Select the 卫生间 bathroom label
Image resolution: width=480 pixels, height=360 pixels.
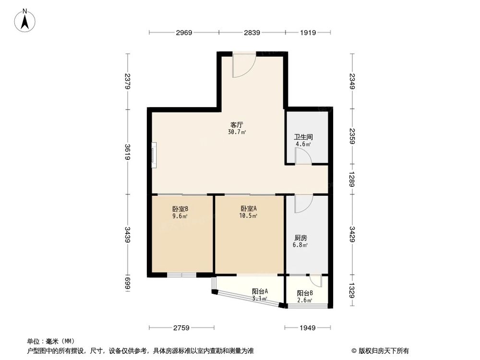[303, 136]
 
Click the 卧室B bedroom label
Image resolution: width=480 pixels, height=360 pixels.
[180, 209]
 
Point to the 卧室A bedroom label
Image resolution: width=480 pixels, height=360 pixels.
[249, 208]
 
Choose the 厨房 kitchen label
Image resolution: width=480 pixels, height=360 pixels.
[300, 238]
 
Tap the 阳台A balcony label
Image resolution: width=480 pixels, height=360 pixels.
[260, 291]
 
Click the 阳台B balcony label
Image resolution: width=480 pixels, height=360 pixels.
[304, 293]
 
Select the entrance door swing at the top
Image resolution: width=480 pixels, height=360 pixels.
[242, 66]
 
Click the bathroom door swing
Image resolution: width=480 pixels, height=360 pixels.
[302, 156]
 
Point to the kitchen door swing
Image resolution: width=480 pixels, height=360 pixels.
[303, 204]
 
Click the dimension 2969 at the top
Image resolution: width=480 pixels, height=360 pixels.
[184, 33]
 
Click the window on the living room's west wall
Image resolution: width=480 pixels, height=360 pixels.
[153, 155]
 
